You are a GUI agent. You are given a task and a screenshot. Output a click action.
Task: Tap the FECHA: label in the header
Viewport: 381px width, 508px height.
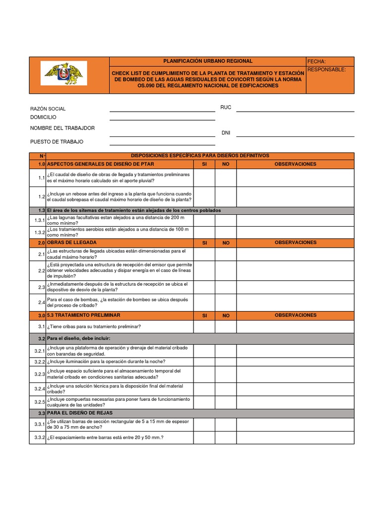click(317, 62)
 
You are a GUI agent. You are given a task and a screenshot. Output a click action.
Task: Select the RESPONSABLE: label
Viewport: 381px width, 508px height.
click(326, 69)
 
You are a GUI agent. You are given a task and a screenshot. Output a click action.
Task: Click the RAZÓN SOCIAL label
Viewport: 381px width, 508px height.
click(48, 109)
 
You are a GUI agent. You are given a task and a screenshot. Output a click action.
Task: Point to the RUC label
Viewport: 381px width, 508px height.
click(226, 107)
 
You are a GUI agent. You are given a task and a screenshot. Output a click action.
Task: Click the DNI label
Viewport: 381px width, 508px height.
click(226, 133)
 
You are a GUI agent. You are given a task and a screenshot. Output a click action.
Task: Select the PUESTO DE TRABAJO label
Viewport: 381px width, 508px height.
click(57, 142)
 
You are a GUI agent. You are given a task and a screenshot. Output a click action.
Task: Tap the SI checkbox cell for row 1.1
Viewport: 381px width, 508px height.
click(204, 178)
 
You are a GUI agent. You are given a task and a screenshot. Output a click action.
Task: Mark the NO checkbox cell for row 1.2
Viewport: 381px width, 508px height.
click(226, 196)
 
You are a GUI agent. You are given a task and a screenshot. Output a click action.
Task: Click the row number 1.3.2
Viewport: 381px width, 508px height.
click(40, 232)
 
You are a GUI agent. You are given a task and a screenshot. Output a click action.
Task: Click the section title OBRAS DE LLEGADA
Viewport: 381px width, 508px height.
click(72, 243)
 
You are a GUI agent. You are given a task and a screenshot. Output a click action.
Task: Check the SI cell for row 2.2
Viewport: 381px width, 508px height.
click(204, 271)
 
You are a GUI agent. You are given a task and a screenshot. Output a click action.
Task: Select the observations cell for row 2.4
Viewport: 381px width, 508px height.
click(295, 302)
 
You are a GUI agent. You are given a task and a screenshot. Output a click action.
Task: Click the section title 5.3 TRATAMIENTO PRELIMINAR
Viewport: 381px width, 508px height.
click(84, 316)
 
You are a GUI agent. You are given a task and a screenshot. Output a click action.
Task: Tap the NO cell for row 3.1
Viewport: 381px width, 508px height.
click(226, 326)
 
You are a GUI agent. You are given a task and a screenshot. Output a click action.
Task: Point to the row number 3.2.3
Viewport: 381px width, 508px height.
click(40, 374)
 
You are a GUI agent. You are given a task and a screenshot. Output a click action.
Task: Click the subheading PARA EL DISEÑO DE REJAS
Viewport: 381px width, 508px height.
click(80, 413)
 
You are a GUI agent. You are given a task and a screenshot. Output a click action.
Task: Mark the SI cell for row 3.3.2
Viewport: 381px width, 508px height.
click(204, 438)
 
